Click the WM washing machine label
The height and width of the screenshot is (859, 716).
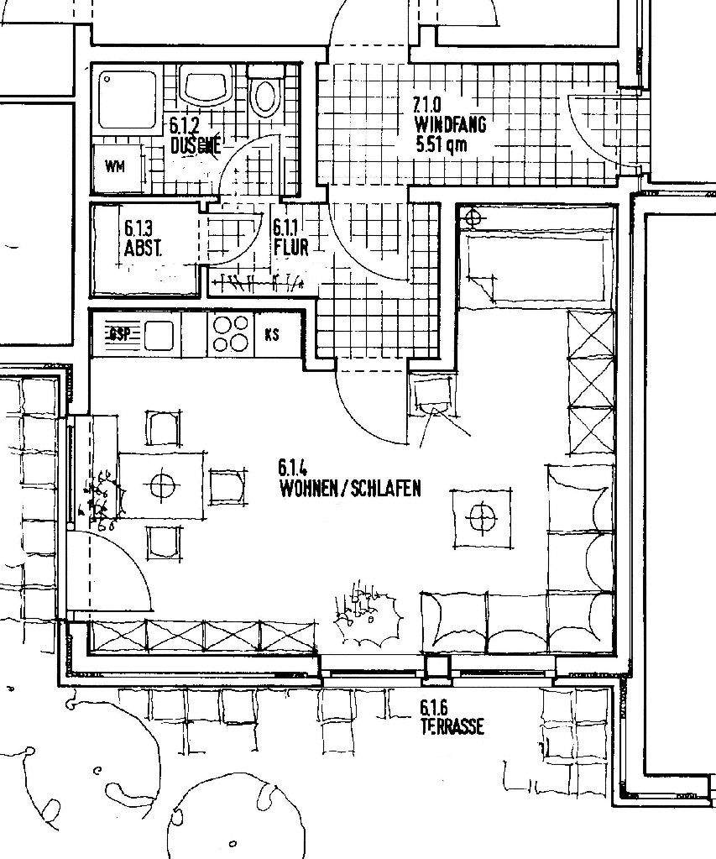[x=115, y=166]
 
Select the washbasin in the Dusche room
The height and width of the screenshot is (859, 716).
[x=204, y=87]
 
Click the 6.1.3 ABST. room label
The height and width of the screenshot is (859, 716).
[x=142, y=238]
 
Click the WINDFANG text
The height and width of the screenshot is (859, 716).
[x=449, y=125]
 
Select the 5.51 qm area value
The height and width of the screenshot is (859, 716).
[x=441, y=144]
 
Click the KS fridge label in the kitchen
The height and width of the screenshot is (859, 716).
[x=271, y=334]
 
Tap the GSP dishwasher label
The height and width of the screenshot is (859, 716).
[x=118, y=334]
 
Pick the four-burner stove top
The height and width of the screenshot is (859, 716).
[x=230, y=333]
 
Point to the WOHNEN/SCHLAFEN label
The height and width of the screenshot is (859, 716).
[x=351, y=488]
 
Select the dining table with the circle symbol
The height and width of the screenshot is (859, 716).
[x=161, y=484]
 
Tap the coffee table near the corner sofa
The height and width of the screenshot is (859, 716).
[x=482, y=516]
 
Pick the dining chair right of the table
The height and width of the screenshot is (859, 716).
[x=227, y=486]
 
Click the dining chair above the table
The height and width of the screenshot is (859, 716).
[x=164, y=427]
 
